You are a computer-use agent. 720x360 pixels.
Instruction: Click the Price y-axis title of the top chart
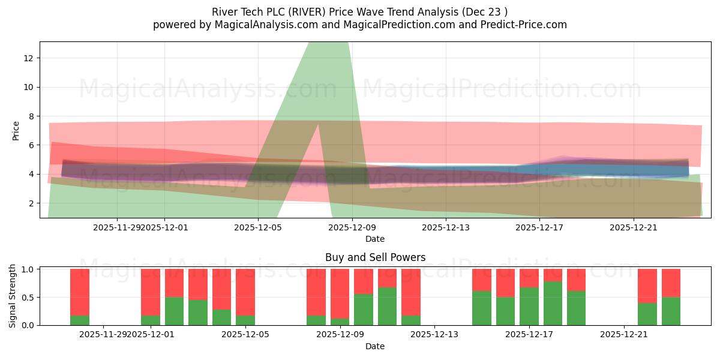click(16, 131)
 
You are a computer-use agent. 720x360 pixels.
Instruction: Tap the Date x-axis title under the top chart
click(375, 239)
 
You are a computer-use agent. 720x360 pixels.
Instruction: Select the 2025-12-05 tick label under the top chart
click(258, 227)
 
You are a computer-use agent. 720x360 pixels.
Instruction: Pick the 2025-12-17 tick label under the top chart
click(539, 227)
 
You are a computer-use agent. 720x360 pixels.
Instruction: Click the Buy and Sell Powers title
click(375, 257)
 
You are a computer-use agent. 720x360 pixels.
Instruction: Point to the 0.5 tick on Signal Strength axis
click(29, 298)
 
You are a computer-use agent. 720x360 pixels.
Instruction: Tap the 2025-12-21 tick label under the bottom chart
click(624, 335)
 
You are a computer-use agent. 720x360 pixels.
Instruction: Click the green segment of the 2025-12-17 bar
click(529, 306)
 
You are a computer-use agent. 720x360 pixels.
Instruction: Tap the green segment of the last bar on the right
click(671, 311)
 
